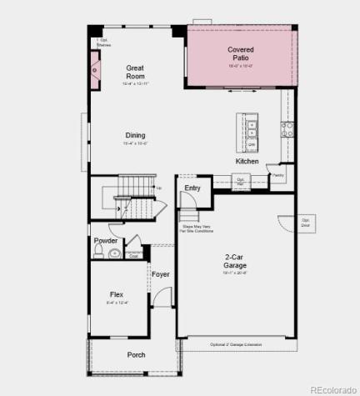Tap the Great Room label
135,72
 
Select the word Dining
135,135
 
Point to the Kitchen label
247,161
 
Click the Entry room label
192,188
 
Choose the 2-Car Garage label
234,261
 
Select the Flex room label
117,294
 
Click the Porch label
136,354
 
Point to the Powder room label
106,240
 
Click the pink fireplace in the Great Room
96,71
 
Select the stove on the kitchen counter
287,129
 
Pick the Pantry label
277,175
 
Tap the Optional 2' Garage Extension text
241,344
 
